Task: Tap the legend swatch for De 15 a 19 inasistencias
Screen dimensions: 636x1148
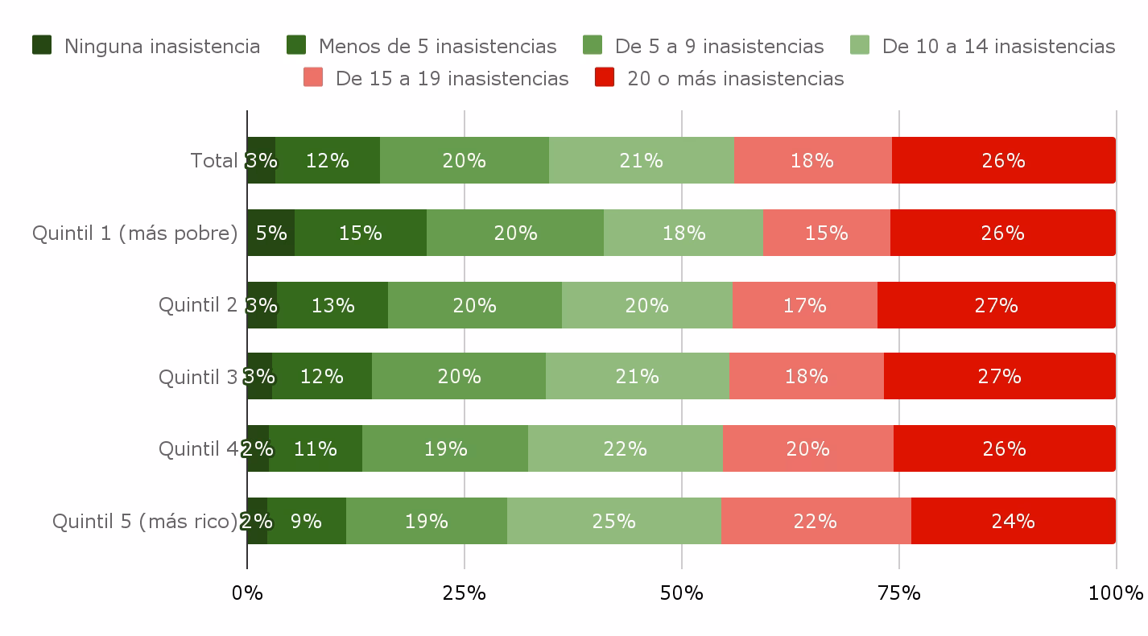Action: (313, 77)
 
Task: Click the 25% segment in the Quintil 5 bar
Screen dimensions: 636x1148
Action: (614, 521)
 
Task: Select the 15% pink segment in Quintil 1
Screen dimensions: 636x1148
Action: (827, 233)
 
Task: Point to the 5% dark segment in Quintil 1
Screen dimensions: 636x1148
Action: (271, 233)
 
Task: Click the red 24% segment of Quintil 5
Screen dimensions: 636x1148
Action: (1013, 521)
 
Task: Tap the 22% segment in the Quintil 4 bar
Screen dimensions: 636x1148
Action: (626, 448)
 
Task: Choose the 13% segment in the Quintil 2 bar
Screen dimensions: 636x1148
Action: (332, 305)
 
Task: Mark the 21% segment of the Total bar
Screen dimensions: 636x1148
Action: (642, 160)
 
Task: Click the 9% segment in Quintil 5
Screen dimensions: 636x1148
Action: (307, 521)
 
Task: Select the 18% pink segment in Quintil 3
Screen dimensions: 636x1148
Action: (807, 376)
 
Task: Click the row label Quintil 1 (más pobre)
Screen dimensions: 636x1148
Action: (135, 233)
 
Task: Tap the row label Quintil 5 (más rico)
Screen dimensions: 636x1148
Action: (145, 521)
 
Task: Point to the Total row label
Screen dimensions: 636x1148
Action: (214, 160)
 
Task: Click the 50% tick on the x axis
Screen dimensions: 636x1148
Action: (682, 593)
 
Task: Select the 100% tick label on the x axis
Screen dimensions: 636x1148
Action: (1116, 593)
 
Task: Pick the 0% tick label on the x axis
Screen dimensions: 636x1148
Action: (247, 593)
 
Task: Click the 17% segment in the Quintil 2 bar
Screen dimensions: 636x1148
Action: (805, 305)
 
